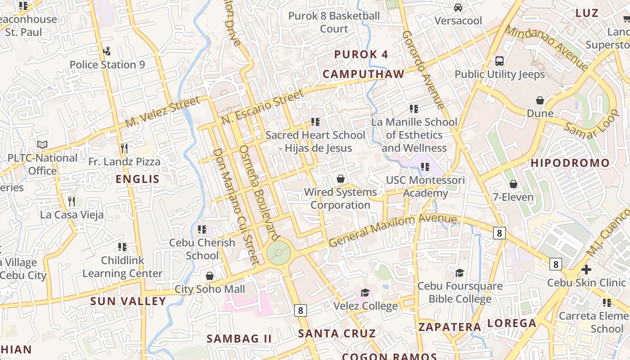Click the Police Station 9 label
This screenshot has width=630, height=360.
(107, 65)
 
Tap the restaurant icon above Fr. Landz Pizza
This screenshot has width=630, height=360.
(124, 148)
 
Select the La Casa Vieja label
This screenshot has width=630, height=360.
(72, 215)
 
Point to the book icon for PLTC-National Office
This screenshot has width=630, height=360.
(42, 145)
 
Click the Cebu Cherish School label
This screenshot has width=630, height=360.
(202, 249)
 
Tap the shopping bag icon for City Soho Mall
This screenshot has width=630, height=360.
(209, 276)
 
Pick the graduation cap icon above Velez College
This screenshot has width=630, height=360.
(365, 293)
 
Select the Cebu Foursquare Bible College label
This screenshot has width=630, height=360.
(460, 292)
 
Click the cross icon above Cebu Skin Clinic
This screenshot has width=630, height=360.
(586, 270)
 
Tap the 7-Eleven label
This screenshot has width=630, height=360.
(513, 197)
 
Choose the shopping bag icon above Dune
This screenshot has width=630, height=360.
(540, 100)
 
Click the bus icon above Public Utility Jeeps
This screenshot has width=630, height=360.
(499, 61)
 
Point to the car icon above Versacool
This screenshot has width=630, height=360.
(458, 8)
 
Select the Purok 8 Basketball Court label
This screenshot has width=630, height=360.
(334, 22)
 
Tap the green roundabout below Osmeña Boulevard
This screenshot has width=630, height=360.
(279, 253)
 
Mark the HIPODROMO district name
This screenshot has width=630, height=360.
(570, 163)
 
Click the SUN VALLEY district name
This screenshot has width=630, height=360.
(128, 301)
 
